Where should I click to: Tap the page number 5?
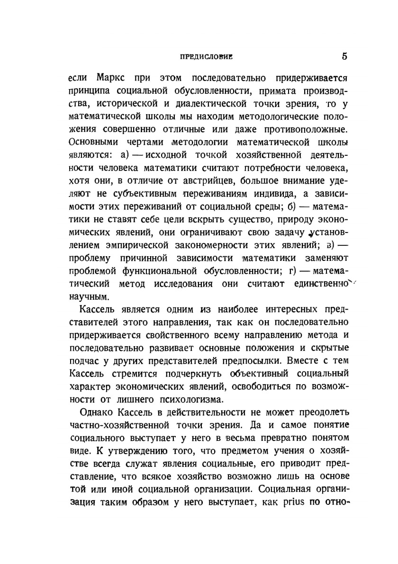click(x=344, y=56)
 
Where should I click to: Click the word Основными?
click(x=94, y=142)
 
